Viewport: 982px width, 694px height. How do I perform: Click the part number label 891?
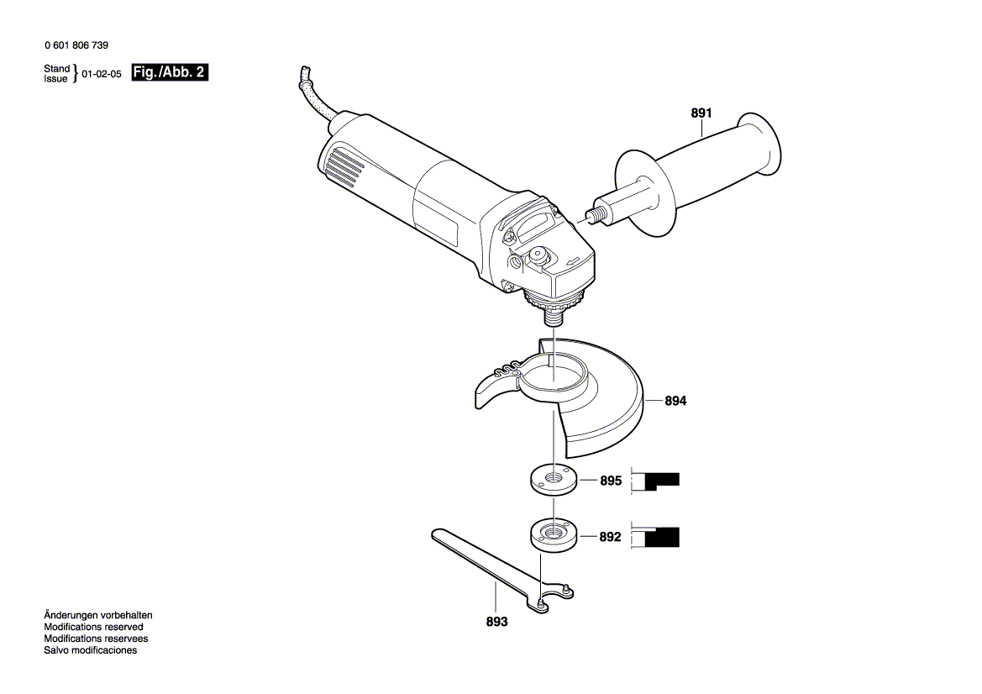click(701, 113)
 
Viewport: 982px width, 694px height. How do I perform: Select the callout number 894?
click(675, 402)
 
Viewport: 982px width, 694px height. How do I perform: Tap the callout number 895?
click(611, 481)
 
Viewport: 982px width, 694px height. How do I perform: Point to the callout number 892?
click(611, 536)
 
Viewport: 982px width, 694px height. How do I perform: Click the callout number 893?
click(497, 623)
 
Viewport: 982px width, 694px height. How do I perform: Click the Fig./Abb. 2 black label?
click(170, 73)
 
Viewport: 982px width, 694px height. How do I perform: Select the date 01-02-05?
click(102, 74)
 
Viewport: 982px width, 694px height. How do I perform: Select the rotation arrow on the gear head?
click(574, 263)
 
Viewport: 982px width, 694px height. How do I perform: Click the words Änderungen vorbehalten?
click(97, 616)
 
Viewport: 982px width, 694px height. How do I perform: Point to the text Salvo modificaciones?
click(90, 650)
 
